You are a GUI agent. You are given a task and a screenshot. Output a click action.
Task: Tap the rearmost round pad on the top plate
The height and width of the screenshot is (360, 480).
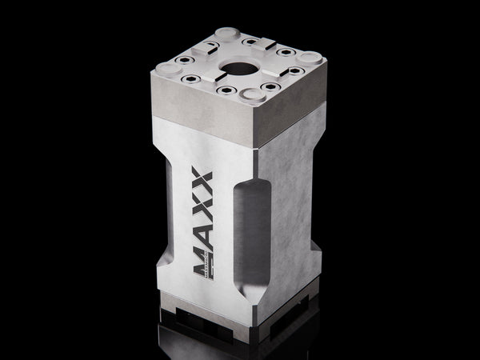coord(226,34)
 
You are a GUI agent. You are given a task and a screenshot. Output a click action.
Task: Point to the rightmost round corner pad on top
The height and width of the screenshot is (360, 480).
coord(310,57)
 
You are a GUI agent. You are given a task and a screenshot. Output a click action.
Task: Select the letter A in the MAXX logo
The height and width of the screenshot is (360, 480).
coord(198,228)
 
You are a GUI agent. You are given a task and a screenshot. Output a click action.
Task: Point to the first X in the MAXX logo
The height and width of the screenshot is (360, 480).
coord(200,202)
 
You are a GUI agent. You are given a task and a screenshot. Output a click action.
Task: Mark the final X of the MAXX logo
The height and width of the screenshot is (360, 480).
coord(201,179)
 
